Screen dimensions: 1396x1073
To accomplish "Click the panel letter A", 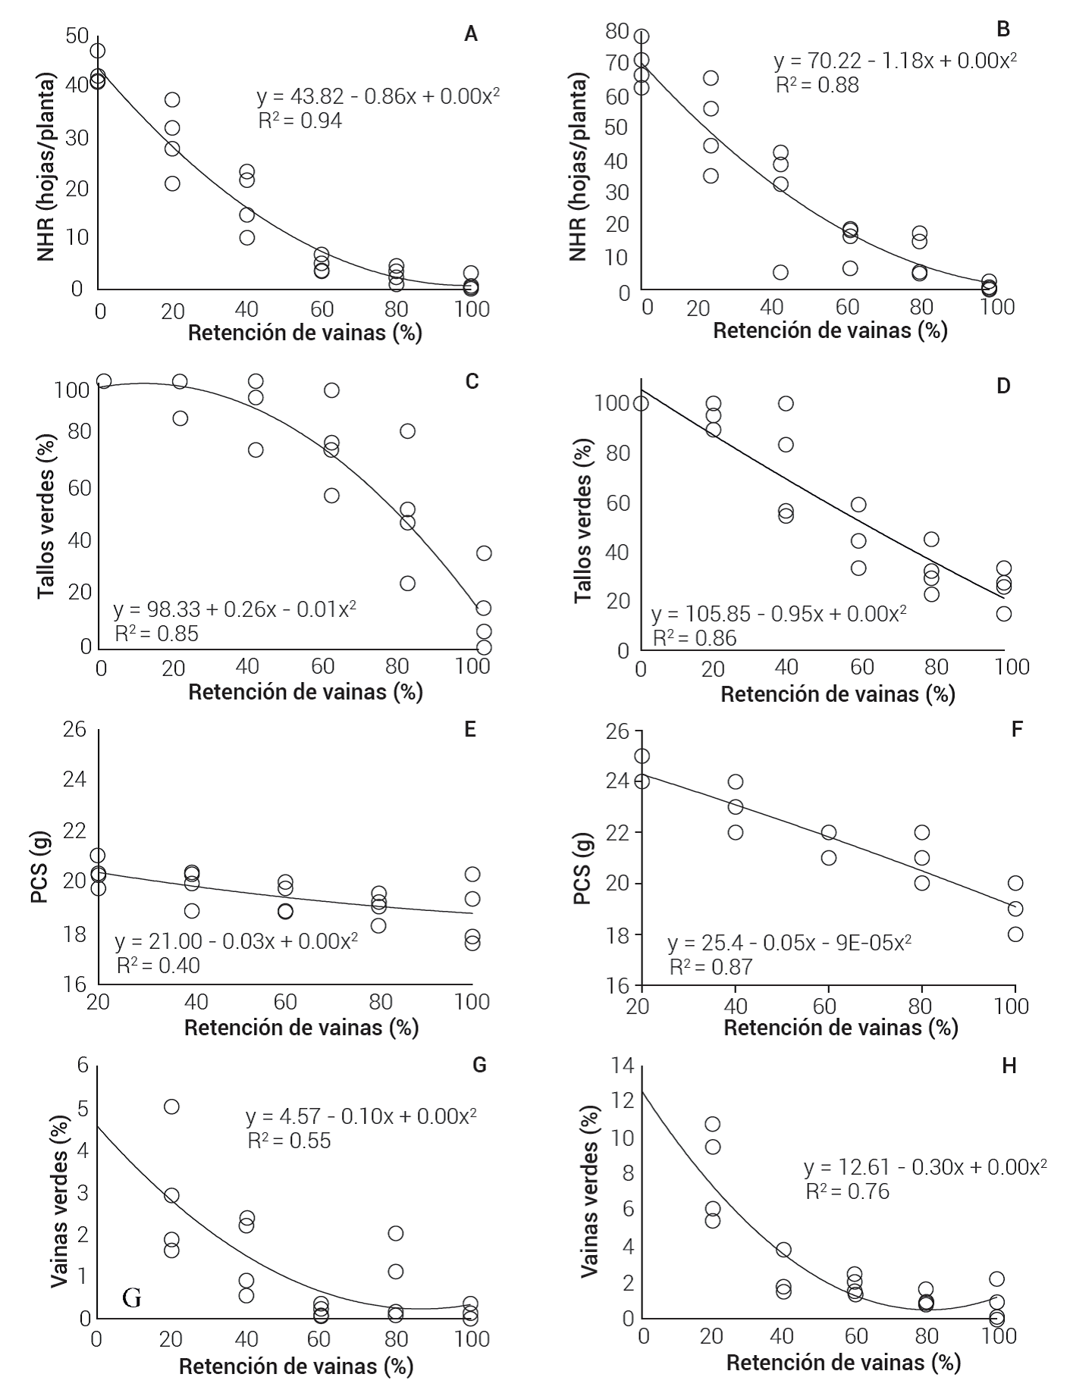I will click(x=471, y=34).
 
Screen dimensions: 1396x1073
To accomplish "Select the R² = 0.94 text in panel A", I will click(x=300, y=121).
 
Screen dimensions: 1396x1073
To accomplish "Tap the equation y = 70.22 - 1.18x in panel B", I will click(x=895, y=61).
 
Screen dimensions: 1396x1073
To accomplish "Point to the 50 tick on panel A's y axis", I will click(x=77, y=36).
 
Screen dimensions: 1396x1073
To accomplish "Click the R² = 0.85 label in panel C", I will click(x=156, y=634).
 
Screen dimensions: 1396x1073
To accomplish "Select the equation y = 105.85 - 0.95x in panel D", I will click(x=779, y=613).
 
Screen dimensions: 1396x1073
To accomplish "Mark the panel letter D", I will click(x=1003, y=386).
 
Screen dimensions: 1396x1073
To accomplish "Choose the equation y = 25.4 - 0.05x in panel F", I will click(x=789, y=944).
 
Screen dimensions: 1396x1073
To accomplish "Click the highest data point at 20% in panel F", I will click(x=642, y=756).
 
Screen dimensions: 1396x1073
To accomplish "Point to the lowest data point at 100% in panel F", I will click(x=1015, y=934).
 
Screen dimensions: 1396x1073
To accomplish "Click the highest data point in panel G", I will click(x=171, y=1106).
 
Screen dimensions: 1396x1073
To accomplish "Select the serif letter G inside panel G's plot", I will click(x=131, y=1299).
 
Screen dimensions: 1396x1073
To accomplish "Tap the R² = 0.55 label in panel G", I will click(x=289, y=1141).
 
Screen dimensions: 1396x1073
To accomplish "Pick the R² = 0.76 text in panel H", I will click(x=847, y=1192).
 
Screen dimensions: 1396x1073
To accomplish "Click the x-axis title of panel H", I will click(x=843, y=1363).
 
